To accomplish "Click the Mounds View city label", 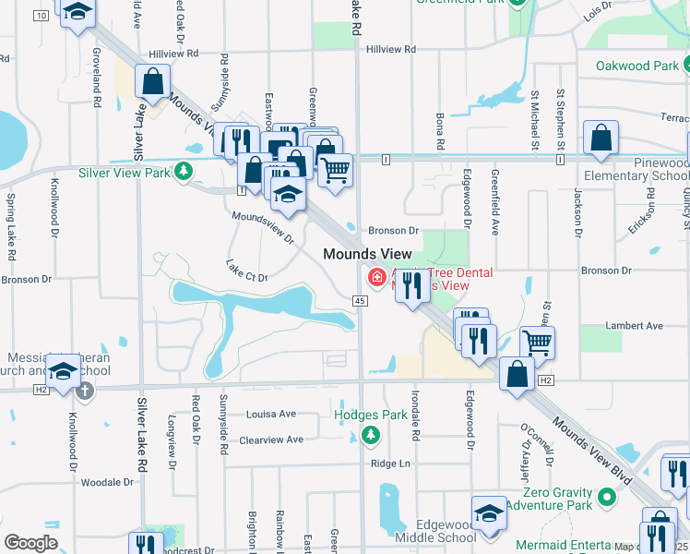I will (361, 253).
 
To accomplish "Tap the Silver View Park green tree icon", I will (184, 171).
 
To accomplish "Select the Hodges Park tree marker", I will (370, 434).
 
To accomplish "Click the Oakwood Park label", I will (636, 66).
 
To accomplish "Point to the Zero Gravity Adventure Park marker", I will (606, 498).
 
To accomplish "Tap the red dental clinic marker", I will (376, 276).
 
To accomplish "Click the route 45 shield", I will (360, 301).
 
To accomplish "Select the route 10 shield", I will (41, 16).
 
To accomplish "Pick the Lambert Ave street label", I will (634, 326).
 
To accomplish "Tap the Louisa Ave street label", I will (271, 415).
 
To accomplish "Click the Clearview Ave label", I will (271, 440).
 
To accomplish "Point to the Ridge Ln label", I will (389, 464).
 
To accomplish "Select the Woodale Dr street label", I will (108, 482).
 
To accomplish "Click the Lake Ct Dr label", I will (246, 270).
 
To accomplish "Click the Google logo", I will (30, 543).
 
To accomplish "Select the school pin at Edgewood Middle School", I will (489, 513).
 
